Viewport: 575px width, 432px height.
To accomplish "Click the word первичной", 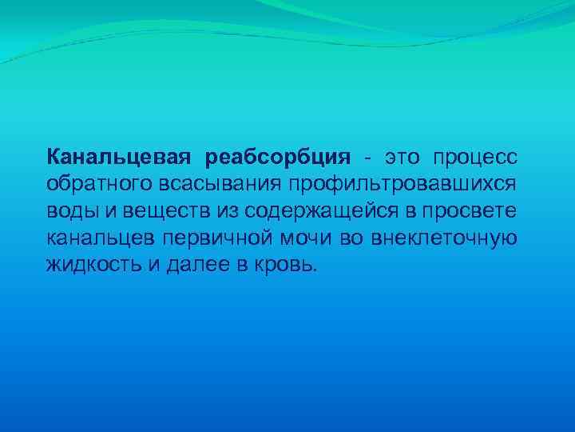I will click(214, 238).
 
